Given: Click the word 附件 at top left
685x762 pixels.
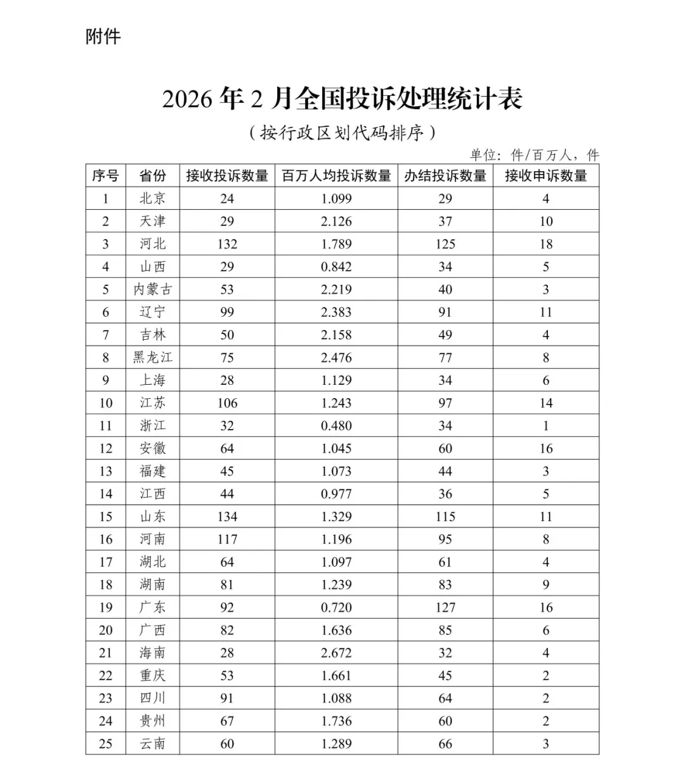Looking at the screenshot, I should (103, 37).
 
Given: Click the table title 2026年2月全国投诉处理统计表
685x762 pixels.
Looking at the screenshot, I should (342, 99).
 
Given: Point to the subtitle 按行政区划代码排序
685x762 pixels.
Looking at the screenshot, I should (342, 132).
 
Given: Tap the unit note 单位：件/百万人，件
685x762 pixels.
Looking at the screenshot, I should (534, 155).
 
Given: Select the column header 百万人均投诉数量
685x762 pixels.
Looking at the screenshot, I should (336, 176).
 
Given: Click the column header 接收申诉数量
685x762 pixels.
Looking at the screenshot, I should (545, 176).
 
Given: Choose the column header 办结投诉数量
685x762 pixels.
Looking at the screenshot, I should (445, 176).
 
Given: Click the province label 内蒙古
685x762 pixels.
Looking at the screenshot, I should (152, 290).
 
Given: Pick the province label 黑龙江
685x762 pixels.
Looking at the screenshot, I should (152, 358).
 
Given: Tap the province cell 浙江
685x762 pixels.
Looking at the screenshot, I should (152, 426).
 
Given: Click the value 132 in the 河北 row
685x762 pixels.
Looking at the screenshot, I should (227, 244).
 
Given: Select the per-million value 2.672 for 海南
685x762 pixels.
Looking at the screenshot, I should (336, 653).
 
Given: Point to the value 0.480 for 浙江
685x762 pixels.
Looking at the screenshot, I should (336, 426).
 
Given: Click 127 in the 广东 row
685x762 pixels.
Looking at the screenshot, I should (445, 607).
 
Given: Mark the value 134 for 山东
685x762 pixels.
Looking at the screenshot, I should (227, 517).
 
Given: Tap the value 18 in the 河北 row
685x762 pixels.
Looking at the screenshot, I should (545, 244).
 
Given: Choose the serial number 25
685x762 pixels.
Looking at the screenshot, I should (105, 744).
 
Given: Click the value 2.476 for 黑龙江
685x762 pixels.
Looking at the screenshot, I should (336, 358).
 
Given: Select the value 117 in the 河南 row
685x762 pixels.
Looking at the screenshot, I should (227, 539).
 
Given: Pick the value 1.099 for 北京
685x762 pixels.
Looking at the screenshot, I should (336, 198).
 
